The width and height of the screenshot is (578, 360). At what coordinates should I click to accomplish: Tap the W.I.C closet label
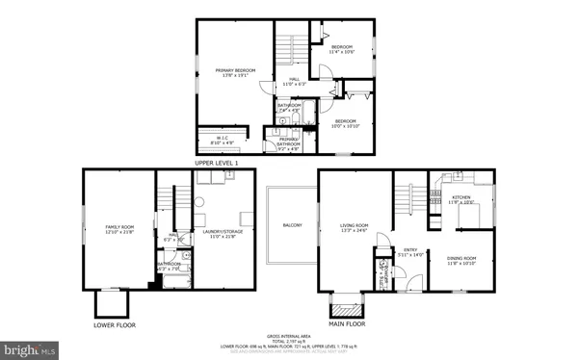pyautogui.click(x=222, y=141)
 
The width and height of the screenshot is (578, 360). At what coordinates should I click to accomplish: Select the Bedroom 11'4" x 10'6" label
pyautogui.click(x=343, y=49)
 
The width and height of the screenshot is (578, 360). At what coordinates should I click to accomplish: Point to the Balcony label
pyautogui.click(x=292, y=225)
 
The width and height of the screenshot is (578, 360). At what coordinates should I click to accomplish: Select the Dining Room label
pyautogui.click(x=461, y=260)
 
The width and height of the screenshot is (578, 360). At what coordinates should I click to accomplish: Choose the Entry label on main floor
pyautogui.click(x=409, y=251)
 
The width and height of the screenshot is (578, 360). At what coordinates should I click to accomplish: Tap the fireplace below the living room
pyautogui.click(x=345, y=307)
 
